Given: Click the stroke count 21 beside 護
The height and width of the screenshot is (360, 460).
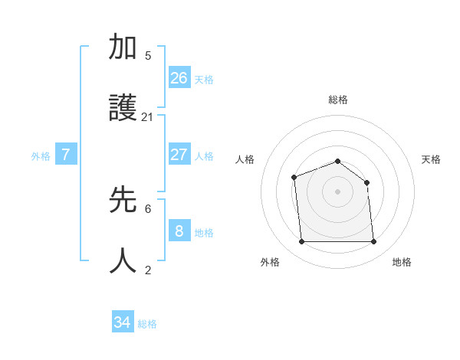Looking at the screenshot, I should [x=147, y=117].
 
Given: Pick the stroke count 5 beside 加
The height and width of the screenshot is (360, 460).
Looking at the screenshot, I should [x=148, y=56].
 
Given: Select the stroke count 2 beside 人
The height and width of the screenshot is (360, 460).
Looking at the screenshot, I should [x=148, y=270].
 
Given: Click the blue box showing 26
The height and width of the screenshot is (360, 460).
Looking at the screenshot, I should [x=179, y=77].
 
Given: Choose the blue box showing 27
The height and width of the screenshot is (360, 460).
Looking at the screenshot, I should [x=179, y=154].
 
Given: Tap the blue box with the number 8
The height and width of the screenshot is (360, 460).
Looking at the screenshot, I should [x=179, y=231].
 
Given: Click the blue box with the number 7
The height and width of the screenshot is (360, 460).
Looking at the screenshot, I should [x=66, y=154].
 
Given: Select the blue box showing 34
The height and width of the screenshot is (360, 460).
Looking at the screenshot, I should [x=123, y=322].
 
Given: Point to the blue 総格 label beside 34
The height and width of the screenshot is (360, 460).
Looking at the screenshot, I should [x=147, y=324].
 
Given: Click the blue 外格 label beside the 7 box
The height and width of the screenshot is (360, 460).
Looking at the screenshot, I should [x=41, y=156].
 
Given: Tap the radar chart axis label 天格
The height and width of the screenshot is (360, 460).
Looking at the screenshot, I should [x=431, y=159].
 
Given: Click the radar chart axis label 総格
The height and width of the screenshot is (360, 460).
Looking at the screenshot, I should [x=337, y=100].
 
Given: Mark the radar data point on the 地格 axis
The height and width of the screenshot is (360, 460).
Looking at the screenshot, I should [x=373, y=242].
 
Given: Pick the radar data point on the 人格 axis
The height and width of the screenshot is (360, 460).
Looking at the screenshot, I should [x=294, y=178].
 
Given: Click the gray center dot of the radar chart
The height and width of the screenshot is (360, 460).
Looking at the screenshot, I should [x=337, y=191].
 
